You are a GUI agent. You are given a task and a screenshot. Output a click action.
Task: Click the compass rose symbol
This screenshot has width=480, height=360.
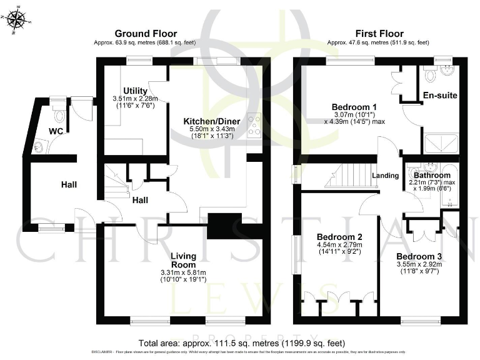click(x=17, y=19)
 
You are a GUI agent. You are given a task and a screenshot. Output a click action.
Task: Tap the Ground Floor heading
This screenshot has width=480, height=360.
click(x=145, y=33)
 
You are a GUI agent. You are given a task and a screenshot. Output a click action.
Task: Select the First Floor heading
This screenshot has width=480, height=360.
click(x=379, y=33)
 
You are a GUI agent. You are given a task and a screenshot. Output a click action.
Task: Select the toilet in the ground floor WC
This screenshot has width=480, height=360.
click(x=60, y=114)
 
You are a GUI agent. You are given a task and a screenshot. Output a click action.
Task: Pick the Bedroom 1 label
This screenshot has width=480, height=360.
click(x=351, y=106)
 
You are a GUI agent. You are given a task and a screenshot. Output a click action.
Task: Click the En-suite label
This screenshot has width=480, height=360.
click(x=440, y=96)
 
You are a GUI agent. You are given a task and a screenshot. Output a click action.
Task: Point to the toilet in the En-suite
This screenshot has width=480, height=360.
click(x=431, y=74)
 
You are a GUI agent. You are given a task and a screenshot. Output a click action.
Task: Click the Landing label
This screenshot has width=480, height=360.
click(x=385, y=176)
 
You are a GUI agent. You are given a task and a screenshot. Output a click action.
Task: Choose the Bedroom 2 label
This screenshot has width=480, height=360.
click(x=339, y=237)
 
